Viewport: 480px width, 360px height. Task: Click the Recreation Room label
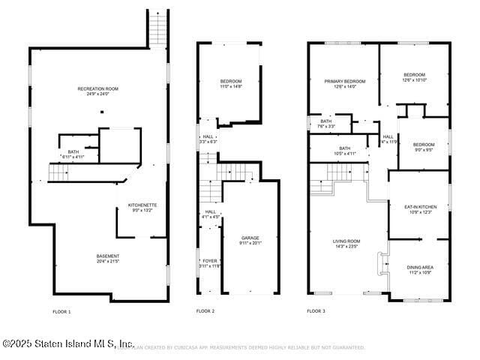pos(97,91)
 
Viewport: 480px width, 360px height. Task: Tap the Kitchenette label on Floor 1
pos(142,208)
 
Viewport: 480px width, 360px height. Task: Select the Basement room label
pos(107,259)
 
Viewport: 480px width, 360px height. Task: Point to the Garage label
pos(250,240)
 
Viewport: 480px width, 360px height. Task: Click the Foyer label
pos(210,263)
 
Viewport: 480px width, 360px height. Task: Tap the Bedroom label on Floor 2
pos(229,83)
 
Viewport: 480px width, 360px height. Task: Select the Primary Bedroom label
pos(345,83)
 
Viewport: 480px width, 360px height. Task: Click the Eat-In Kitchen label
pos(420,209)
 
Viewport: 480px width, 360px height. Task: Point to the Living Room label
pos(346,243)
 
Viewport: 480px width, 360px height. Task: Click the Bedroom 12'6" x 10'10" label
pos(415,77)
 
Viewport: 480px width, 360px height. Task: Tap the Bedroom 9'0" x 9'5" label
pos(424,147)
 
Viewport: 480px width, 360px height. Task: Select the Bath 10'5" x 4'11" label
pos(344,151)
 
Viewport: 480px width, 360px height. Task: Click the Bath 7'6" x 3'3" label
pos(326,124)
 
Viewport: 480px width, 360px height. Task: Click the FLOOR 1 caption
pos(61,311)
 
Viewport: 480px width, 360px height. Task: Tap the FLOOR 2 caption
pos(205,311)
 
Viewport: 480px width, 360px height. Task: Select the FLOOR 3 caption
pos(316,311)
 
